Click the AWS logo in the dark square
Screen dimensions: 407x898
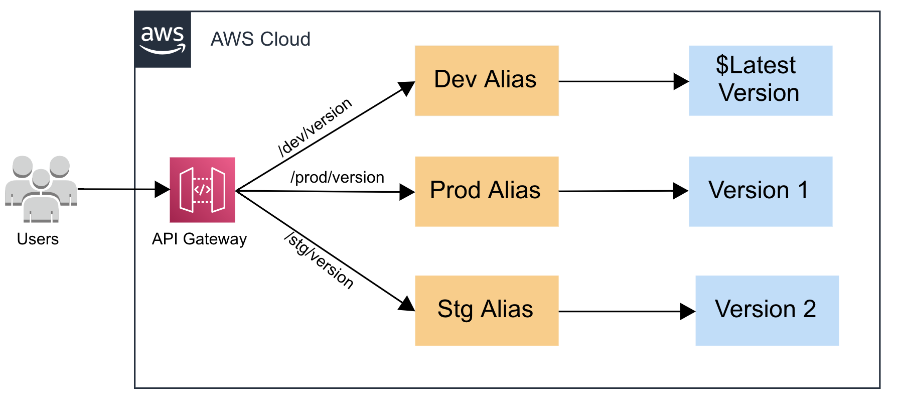click(x=163, y=40)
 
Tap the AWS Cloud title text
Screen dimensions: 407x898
click(x=260, y=39)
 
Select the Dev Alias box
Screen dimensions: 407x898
click(x=486, y=81)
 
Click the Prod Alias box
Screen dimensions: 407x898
click(x=486, y=191)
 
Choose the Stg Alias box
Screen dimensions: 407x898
click(x=486, y=310)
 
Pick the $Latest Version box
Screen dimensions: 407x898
click(x=760, y=81)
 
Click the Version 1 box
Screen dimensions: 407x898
click(x=760, y=191)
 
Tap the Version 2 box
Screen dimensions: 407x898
click(x=767, y=310)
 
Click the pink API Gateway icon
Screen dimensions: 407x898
click(x=202, y=190)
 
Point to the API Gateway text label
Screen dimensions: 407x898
click(x=199, y=239)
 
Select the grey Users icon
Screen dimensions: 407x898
click(x=41, y=189)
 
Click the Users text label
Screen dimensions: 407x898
click(x=38, y=239)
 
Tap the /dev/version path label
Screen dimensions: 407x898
click(x=315, y=127)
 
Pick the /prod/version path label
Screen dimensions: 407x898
click(x=337, y=177)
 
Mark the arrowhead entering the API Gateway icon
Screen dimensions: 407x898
click(x=163, y=189)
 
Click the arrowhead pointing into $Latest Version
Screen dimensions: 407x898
click(x=681, y=81)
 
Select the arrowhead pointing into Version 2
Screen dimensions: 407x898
click(x=687, y=311)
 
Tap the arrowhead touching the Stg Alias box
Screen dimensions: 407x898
click(x=407, y=304)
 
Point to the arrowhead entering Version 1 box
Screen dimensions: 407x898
click(x=681, y=191)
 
